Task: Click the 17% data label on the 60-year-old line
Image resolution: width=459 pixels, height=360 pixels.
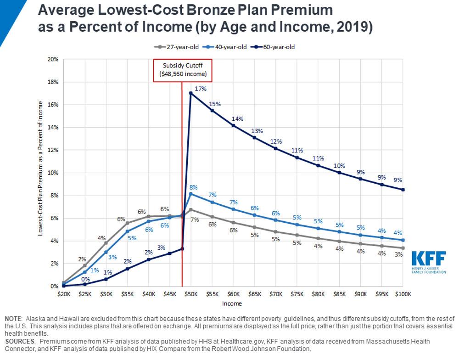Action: click(200, 89)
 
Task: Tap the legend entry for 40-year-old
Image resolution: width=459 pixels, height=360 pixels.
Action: click(222, 47)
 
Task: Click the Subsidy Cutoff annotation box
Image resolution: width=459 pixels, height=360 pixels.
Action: click(183, 70)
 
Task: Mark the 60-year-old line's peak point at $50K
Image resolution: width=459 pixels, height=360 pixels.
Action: click(190, 93)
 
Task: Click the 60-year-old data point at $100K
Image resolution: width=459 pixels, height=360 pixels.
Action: click(403, 190)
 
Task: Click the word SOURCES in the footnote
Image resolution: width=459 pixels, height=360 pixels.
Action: click(20, 342)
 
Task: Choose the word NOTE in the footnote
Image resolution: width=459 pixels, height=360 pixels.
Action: click(14, 319)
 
